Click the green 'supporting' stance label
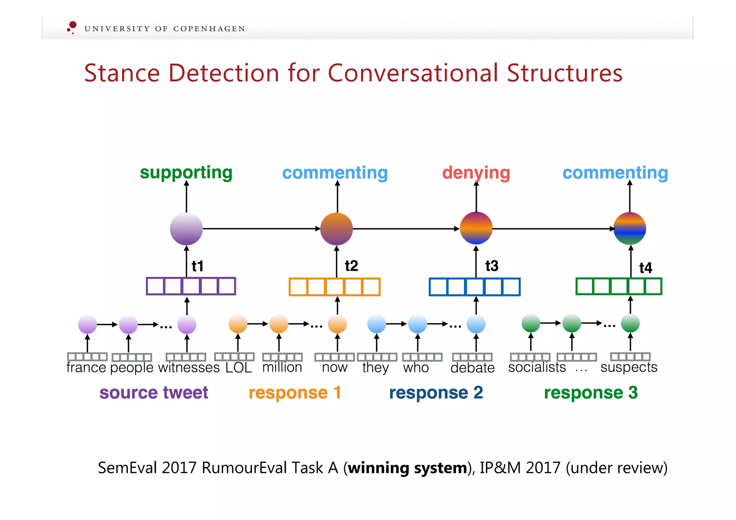186,173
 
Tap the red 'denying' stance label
476,173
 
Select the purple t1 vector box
191,286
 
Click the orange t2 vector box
335,287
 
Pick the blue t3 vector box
475,287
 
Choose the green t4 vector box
619,286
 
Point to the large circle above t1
186,229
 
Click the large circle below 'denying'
476,228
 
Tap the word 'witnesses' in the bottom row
189,368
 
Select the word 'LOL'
239,368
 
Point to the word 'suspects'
629,368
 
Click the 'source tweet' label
154,392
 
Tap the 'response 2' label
436,392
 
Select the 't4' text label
645,268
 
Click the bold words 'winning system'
407,468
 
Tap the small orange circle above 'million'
279,324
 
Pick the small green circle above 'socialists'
531,323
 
